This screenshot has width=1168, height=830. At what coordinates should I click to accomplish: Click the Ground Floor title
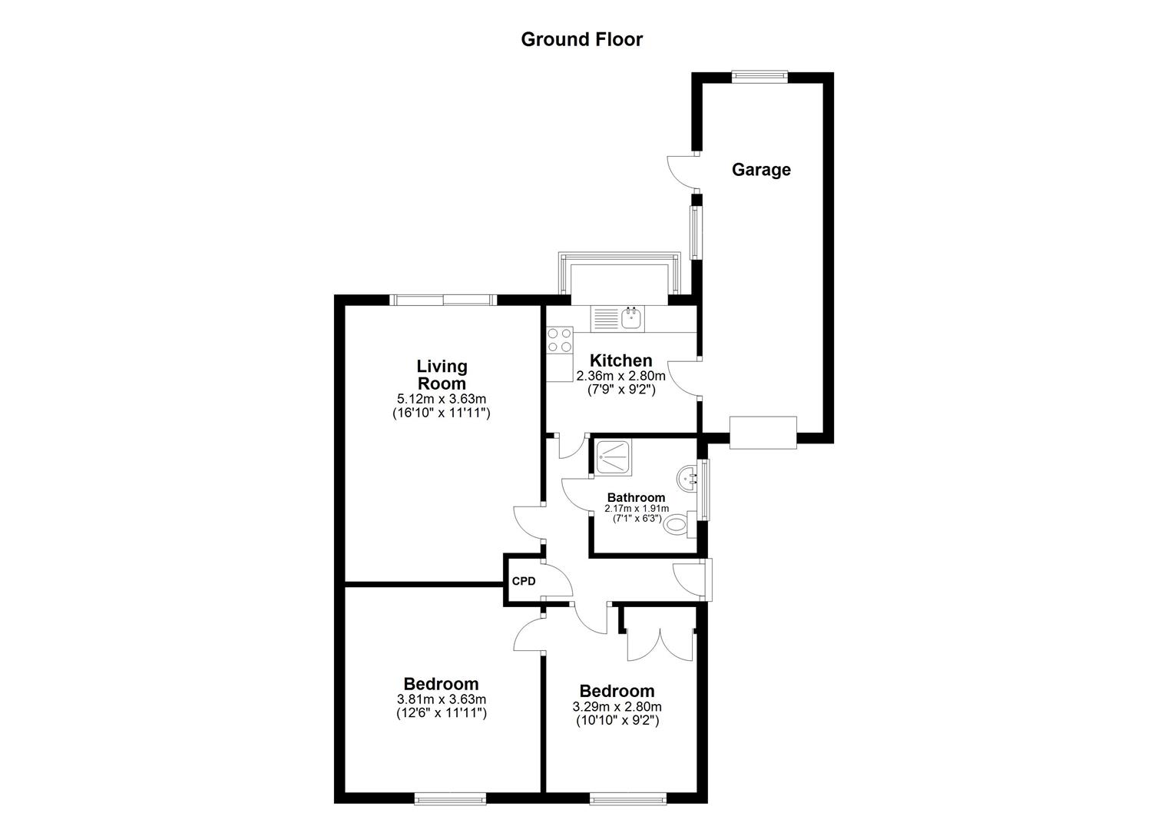coord(581,40)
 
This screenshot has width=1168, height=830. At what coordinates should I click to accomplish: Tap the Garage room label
coord(761,170)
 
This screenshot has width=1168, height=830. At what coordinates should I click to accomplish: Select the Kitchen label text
coord(620,360)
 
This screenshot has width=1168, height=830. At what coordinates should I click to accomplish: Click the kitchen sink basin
coord(633,318)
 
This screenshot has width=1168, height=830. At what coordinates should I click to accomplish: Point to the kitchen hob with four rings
coord(560,340)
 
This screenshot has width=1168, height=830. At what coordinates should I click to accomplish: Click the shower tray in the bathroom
coord(614,457)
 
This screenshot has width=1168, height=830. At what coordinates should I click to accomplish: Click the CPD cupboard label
coord(524,581)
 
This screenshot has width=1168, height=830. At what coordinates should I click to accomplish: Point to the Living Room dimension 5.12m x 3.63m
coord(441,399)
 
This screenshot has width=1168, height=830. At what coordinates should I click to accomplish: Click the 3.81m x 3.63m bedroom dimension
coord(441,699)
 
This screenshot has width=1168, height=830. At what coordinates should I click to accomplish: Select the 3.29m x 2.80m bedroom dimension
coord(617,707)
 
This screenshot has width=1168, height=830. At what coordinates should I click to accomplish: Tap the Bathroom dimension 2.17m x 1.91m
coord(636,509)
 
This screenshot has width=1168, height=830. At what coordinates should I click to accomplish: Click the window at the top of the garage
coord(759,76)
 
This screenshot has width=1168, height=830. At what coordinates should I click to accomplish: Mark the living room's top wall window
coord(443,300)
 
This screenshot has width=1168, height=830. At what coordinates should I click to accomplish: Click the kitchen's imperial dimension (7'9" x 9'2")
coord(620,389)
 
